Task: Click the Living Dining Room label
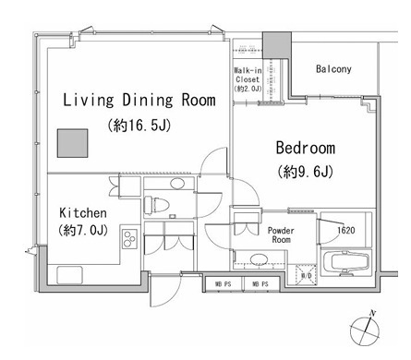coord(139,100)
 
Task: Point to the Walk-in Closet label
coord(248,78)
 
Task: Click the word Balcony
coord(332,69)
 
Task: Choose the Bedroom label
coord(304,148)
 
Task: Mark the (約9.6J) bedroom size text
coord(304,171)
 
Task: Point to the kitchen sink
coord(69,274)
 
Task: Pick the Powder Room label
coord(280,235)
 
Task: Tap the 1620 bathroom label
coord(345,230)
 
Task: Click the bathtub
coord(344,260)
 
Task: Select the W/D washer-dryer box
coord(305,274)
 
